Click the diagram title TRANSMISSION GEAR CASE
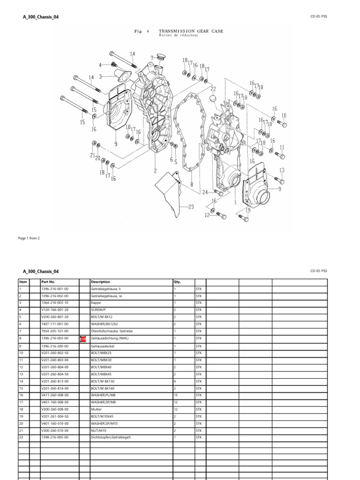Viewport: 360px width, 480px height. pos(191,31)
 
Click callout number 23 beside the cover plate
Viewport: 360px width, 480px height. pos(191,206)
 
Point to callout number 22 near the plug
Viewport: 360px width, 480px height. pos(213,89)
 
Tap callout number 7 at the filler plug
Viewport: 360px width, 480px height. pos(151,58)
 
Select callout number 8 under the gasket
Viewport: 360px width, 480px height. pos(192,185)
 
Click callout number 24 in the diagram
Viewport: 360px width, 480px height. pos(205,192)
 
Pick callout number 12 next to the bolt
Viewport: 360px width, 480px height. pos(206,215)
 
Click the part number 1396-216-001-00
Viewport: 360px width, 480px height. pos(55,289)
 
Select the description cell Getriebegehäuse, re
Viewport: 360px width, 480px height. pos(106,296)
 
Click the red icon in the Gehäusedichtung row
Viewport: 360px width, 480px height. pos(83,338)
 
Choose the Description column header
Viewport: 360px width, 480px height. pos(101,282)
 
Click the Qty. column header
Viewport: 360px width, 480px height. pos(177,282)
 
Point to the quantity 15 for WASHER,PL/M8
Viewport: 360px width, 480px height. pos(175,395)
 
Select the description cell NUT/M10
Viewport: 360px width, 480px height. pos(99,430)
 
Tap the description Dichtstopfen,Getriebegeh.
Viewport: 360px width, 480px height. pos(111,437)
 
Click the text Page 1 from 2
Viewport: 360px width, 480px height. pos(29,238)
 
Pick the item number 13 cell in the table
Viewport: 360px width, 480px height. pos(21,374)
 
